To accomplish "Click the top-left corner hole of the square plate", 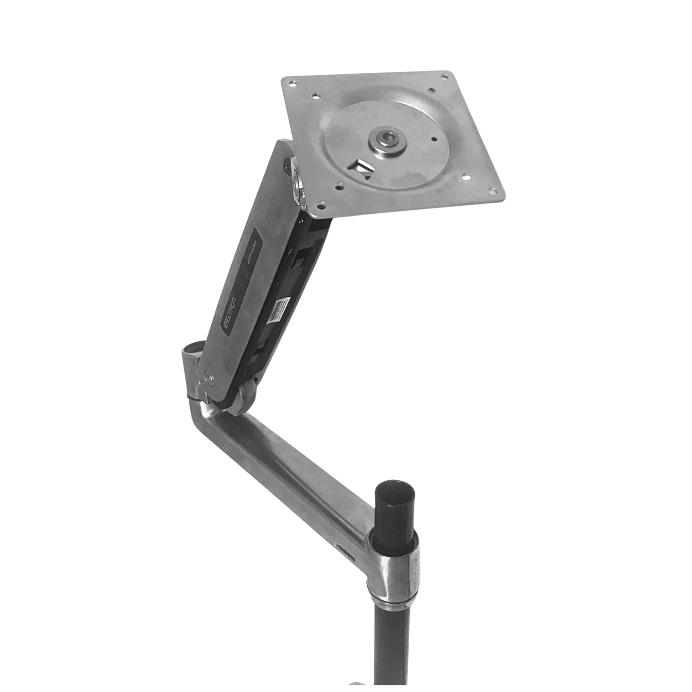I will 292,84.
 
